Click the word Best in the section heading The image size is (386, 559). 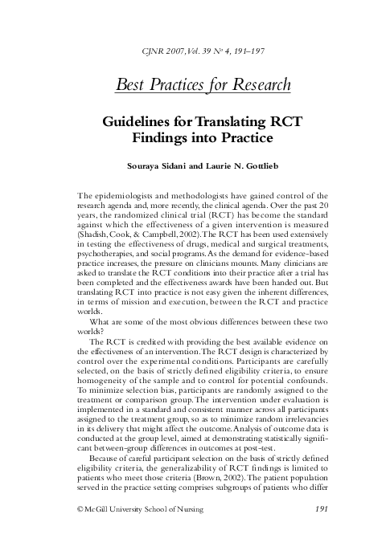click(x=133, y=84)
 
